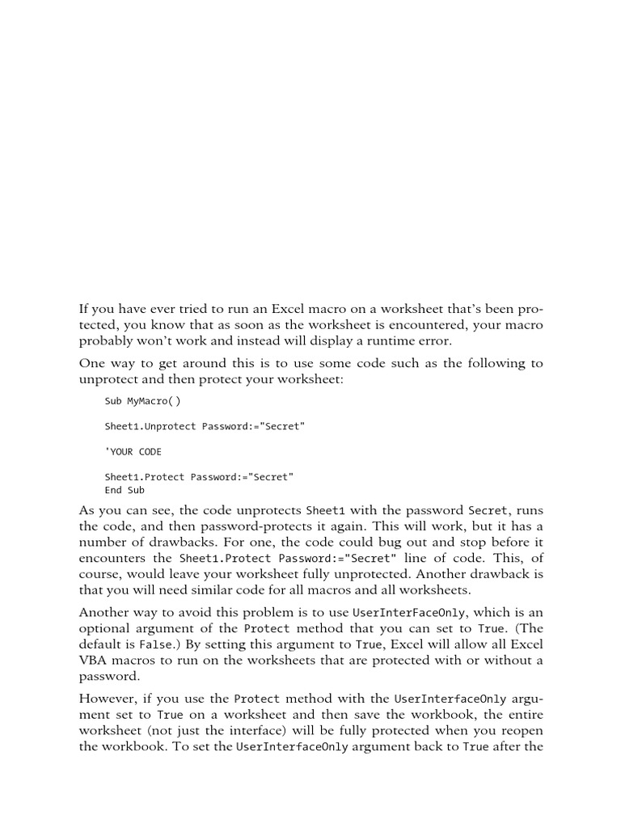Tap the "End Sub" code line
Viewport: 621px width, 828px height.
pos(125,490)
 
